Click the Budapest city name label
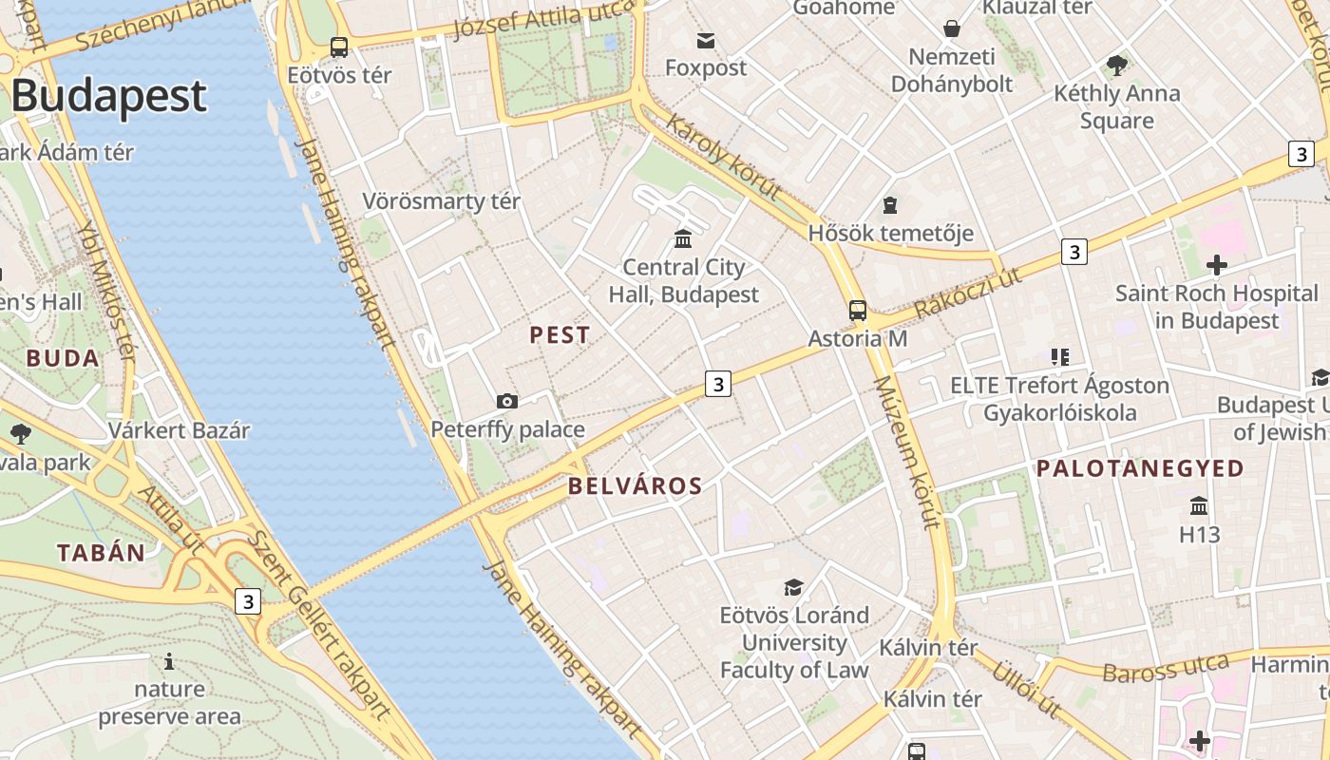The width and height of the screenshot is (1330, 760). click(108, 96)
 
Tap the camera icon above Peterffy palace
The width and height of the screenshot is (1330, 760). click(507, 401)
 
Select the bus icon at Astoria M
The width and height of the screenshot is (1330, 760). click(858, 310)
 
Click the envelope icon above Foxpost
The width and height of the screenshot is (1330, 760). click(706, 40)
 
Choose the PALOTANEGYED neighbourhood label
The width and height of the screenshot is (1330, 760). click(1139, 468)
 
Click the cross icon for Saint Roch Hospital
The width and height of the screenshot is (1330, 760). click(1216, 265)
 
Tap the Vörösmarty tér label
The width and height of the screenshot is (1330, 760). click(441, 201)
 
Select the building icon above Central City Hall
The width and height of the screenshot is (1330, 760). click(683, 238)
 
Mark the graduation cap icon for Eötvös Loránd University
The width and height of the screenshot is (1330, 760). click(793, 587)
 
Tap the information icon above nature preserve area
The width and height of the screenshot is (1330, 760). click(169, 661)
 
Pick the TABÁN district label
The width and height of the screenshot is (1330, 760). click(102, 553)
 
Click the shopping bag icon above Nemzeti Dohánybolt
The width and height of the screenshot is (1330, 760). click(951, 28)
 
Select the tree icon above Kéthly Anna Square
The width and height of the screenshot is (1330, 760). click(1116, 66)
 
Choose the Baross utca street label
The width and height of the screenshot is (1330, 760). click(1165, 668)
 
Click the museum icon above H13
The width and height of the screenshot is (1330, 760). click(1199, 505)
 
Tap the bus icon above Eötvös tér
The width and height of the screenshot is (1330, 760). click(339, 47)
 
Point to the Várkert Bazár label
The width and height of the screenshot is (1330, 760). click(179, 430)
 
